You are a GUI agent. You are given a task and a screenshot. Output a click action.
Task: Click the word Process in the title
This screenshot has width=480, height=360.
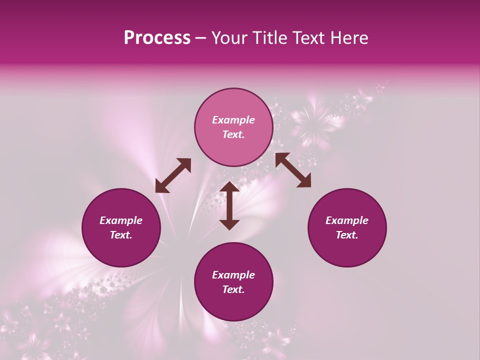(157, 38)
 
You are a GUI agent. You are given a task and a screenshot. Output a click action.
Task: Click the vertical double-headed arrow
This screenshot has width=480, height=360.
(229, 205)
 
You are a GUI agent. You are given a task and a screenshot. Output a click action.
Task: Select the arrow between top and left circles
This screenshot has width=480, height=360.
(173, 175)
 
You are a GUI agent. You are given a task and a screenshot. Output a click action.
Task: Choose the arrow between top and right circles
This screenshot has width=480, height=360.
(293, 170)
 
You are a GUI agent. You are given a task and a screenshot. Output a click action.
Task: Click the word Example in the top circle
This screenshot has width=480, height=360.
(233, 120)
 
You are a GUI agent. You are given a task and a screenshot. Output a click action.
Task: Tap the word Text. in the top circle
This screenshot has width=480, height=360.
(233, 134)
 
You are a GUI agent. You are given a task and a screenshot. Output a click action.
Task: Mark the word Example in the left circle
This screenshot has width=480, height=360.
(121, 220)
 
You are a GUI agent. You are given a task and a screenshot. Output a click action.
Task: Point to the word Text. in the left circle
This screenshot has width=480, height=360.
(121, 235)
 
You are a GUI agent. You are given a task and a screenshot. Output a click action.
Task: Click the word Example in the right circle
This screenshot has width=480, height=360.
(347, 220)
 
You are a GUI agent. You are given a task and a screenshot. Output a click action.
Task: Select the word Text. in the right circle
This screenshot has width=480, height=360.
(347, 235)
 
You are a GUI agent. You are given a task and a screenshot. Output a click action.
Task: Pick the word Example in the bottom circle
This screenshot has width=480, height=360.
(233, 275)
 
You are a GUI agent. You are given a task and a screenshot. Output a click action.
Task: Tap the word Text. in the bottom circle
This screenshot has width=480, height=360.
(233, 289)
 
